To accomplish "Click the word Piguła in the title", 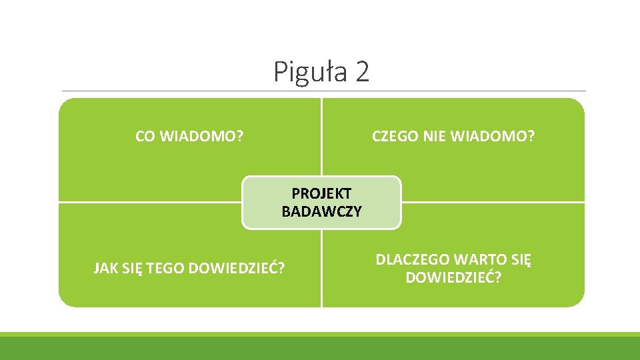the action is click(x=311, y=72).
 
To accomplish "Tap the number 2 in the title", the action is click(x=362, y=72).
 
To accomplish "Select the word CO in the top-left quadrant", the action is click(x=145, y=137).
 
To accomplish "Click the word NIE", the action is click(x=435, y=137).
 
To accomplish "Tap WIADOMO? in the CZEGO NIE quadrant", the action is click(x=493, y=137).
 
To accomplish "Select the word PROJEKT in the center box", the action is click(x=321, y=193).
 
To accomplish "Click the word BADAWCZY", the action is click(x=321, y=212).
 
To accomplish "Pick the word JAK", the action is click(x=105, y=269).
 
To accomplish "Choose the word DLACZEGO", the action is click(x=413, y=260).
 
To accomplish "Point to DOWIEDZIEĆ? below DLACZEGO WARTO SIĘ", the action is click(x=453, y=277).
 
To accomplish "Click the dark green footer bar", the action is click(x=320, y=349).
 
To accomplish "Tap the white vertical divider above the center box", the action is click(x=321, y=137).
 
